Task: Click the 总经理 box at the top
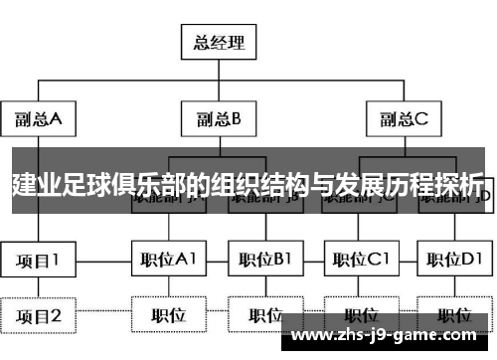[216, 42]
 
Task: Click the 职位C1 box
[358, 261]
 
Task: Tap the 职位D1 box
[452, 261]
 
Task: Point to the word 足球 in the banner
[84, 184]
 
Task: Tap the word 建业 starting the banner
[34, 184]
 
